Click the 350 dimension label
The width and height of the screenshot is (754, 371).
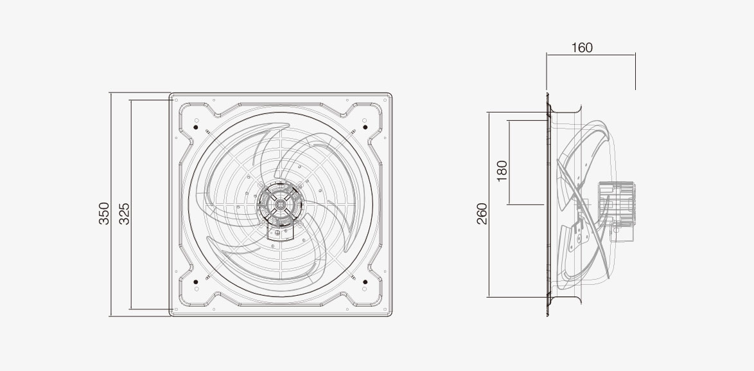pos(104,213)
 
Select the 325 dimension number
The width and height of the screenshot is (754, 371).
pos(124,213)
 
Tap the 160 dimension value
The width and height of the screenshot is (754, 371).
pos(582,48)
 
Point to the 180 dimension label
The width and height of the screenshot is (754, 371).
pos(502,171)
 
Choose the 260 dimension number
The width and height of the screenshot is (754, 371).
pos(482,213)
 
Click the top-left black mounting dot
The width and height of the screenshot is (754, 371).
pos(196,127)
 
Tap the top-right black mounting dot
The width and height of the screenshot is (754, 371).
pos(365,127)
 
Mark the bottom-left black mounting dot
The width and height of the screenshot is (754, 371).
pos(196,282)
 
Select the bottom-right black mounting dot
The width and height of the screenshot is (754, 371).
pos(365,282)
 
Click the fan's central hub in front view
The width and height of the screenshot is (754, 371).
pos(280,204)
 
